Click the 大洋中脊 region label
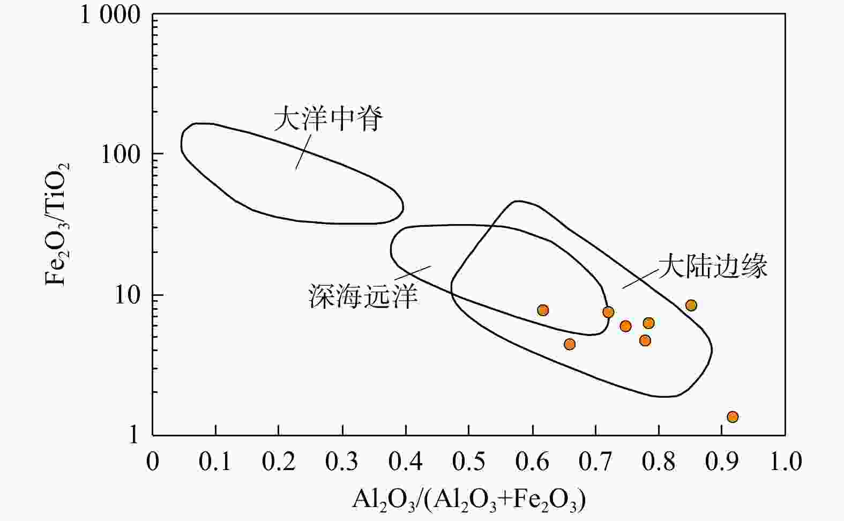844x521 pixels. point(328,119)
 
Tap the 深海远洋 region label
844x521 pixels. point(363,296)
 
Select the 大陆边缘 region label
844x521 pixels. point(713,265)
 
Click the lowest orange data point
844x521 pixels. point(733,417)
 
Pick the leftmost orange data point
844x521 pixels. point(543,310)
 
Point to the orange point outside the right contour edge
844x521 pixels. point(691,306)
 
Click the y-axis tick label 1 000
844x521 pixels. point(110,15)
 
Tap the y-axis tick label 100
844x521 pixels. point(120,154)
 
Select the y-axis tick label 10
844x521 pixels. point(127,295)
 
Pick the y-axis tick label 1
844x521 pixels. point(133,436)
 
